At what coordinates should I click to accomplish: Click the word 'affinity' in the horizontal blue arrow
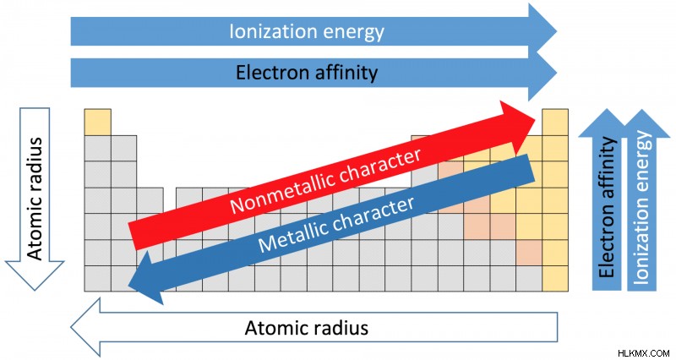346,73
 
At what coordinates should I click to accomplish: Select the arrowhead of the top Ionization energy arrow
542,31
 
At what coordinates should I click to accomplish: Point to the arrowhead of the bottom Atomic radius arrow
85,328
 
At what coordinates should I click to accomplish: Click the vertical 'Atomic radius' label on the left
35,199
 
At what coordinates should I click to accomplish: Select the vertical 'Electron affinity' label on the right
607,207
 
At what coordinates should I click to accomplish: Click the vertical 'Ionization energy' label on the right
641,207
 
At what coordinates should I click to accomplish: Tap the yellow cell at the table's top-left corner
97,122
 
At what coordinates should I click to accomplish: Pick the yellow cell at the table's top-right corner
555,122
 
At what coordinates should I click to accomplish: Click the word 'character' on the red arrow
379,165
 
